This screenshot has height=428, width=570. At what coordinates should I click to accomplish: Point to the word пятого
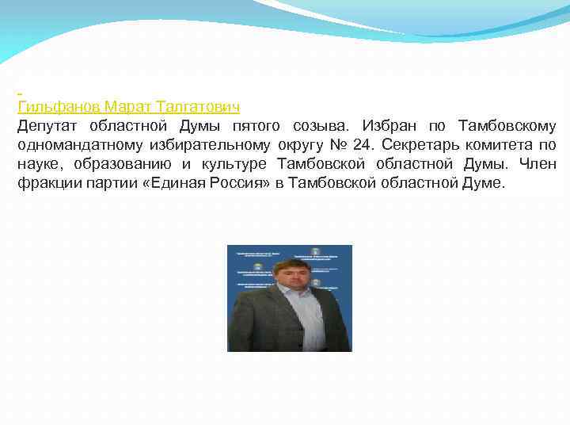(x=259, y=127)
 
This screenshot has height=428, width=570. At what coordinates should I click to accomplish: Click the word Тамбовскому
(x=507, y=127)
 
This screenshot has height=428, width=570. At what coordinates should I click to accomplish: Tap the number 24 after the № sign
(x=363, y=146)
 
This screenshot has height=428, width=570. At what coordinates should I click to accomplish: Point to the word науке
(x=38, y=165)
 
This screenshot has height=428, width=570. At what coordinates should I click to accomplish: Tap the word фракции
(x=46, y=184)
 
